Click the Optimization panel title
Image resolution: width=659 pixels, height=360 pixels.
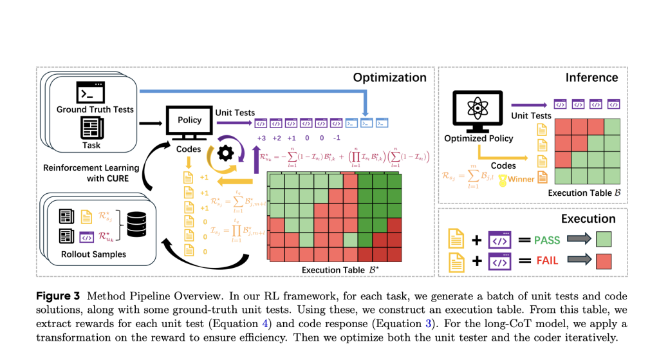pyautogui.click(x=389, y=77)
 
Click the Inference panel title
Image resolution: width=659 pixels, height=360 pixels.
pyautogui.click(x=591, y=77)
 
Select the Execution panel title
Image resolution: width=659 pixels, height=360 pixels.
pyautogui.click(x=588, y=218)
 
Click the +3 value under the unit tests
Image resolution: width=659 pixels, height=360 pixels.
pyautogui.click(x=261, y=138)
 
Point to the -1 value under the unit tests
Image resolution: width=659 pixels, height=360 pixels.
pyautogui.click(x=336, y=138)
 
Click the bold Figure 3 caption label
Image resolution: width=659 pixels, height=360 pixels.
pyautogui.click(x=57, y=296)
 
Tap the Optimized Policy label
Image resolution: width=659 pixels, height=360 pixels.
pyautogui.click(x=479, y=138)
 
